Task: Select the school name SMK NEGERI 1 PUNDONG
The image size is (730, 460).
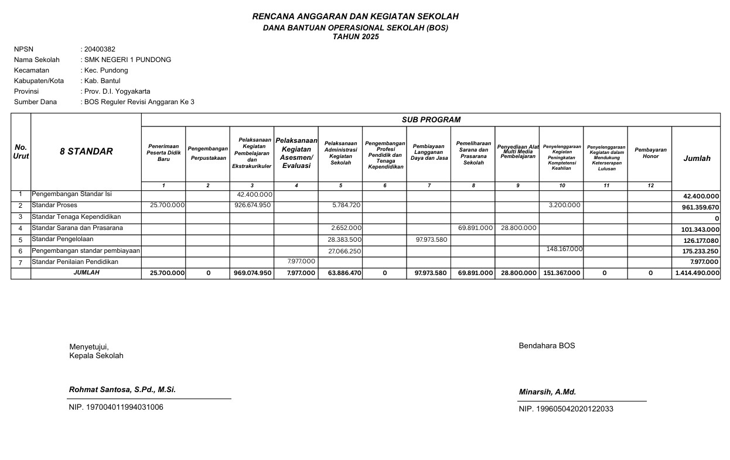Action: [x=128, y=60]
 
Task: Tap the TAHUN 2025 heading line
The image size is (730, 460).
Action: [x=356, y=37]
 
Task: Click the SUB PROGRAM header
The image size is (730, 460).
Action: [x=431, y=120]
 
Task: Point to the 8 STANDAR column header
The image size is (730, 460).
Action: [x=86, y=152]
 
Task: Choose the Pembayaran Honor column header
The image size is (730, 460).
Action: [x=650, y=153]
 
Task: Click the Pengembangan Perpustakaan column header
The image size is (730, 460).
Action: [x=208, y=154]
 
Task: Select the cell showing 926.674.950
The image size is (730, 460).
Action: [x=253, y=205]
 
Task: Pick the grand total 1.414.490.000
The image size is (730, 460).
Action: [x=697, y=273]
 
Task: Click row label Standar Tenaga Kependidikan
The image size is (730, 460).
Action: [x=76, y=217]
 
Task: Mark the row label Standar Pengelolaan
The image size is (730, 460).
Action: [x=63, y=239]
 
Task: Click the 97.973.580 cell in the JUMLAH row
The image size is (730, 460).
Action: [x=430, y=273]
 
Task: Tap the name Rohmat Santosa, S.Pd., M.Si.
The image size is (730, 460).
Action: [x=122, y=390]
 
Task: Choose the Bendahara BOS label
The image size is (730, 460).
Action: [x=547, y=346]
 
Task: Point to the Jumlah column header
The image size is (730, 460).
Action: [x=696, y=159]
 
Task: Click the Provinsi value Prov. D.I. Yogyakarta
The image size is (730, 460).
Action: [x=117, y=91]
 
